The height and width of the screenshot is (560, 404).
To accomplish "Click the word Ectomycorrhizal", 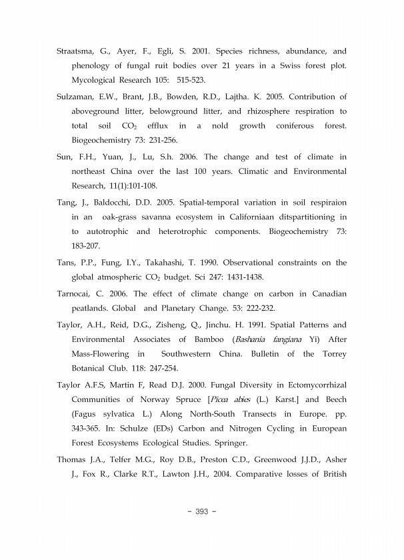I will pos(309,386).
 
